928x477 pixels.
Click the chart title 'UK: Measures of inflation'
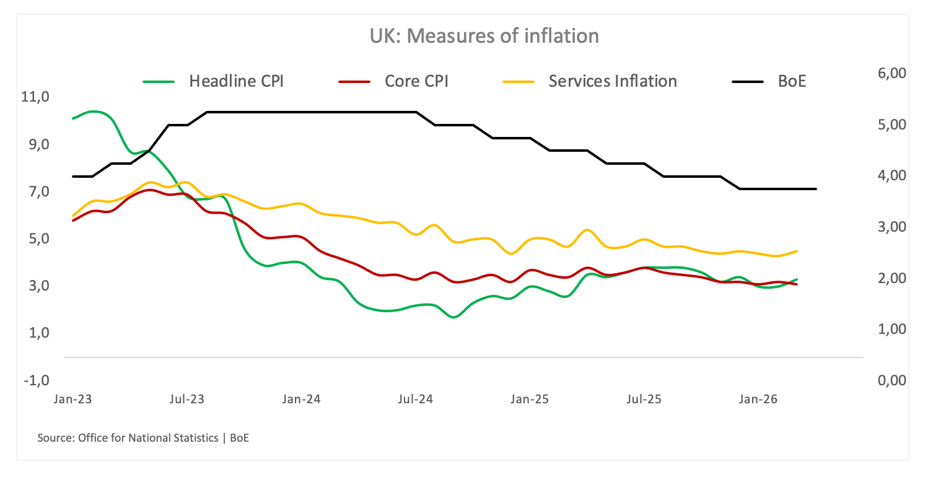pos(484,36)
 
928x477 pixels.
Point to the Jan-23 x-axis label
pos(73,400)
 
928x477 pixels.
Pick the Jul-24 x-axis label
pos(415,400)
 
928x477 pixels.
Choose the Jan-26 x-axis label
pos(758,400)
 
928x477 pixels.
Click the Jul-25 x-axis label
pos(644,400)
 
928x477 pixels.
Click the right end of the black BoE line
pos(816,189)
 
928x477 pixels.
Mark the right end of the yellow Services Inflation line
pos(797,251)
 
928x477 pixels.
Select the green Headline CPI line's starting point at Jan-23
pos(73,118)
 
